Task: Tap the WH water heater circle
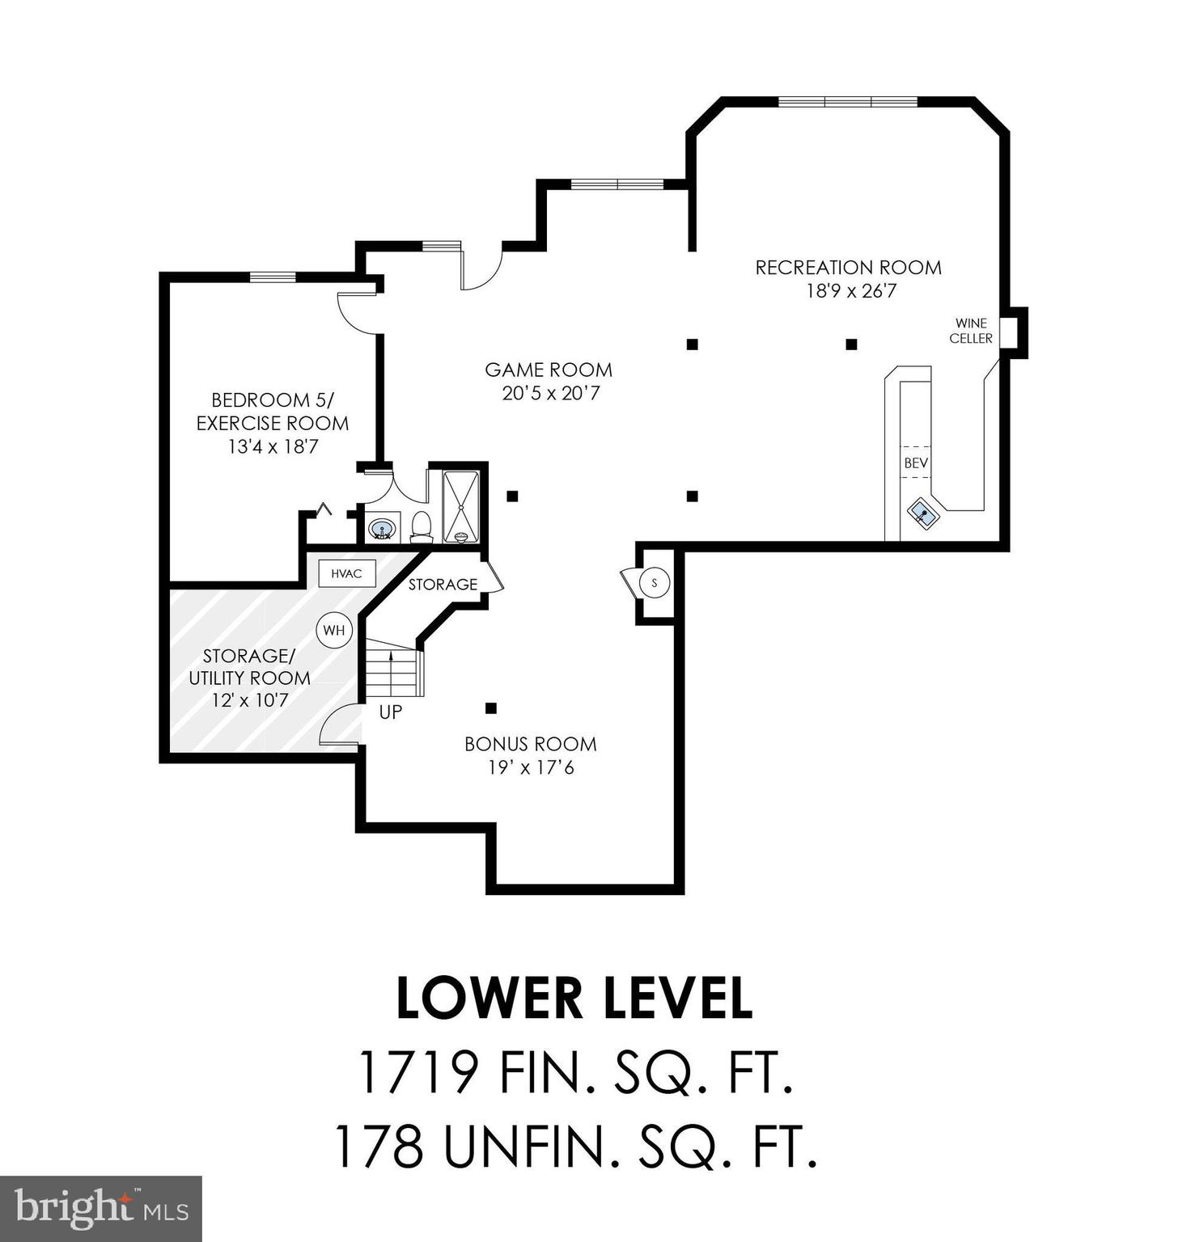coord(334,630)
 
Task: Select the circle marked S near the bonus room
coord(655,582)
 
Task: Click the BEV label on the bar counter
coord(916,463)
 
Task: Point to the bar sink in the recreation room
coord(923,513)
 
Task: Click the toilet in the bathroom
coord(421,526)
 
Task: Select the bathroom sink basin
coord(382,530)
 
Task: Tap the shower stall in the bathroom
coord(460,505)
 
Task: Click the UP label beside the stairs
coord(391,712)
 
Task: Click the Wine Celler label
coord(970,331)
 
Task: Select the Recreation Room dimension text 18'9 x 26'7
coord(850,291)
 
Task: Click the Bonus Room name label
coord(530,744)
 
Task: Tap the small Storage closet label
coord(443,584)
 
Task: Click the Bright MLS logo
coord(100,1208)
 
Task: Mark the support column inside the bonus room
coord(490,708)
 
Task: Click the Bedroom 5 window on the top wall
coord(273,277)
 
